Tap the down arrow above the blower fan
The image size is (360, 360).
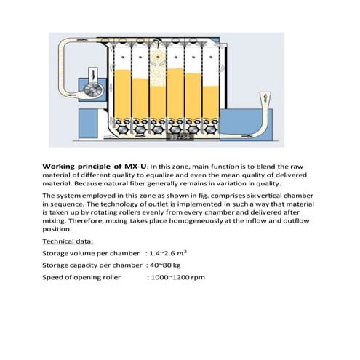pyautogui.click(x=93, y=72)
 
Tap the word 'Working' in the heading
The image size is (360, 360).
pyautogui.click(x=60, y=167)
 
